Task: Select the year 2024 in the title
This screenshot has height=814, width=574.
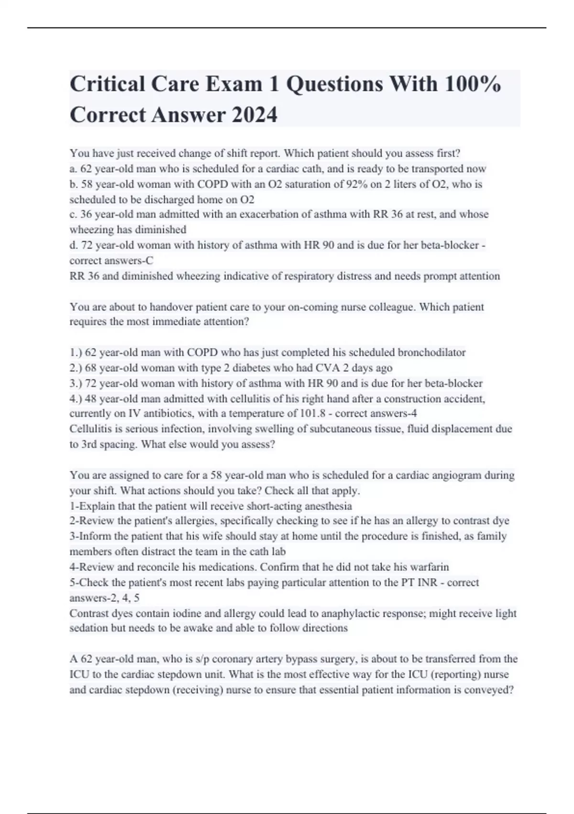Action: (x=254, y=115)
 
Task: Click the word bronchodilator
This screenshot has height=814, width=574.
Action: (x=425, y=352)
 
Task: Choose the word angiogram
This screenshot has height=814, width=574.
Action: (x=456, y=475)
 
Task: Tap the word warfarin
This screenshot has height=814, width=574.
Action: (x=430, y=567)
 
